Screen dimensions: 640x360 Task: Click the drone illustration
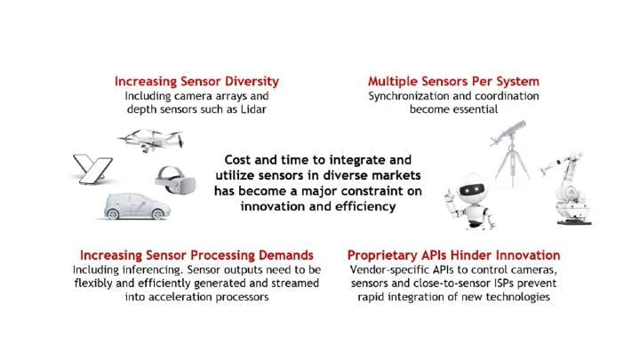click(151, 140)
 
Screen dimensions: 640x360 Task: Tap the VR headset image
click(175, 180)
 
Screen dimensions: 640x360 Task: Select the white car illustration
click(137, 206)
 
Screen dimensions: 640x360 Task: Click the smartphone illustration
click(92, 169)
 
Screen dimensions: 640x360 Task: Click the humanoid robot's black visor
click(472, 190)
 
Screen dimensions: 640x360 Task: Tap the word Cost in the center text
click(238, 160)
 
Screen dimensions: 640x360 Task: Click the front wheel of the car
click(158, 213)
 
